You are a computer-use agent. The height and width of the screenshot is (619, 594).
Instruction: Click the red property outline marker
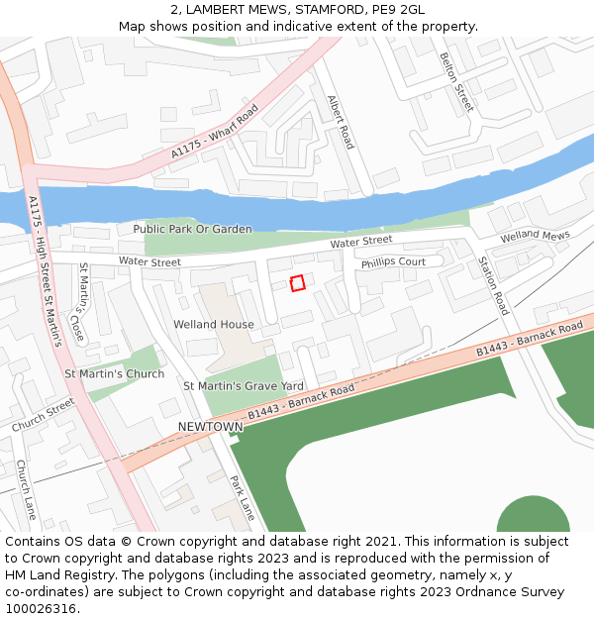(297, 283)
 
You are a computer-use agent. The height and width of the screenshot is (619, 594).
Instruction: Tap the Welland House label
(214, 325)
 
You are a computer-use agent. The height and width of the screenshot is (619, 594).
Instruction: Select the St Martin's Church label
(114, 374)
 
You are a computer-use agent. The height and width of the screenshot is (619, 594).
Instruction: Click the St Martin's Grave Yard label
(243, 385)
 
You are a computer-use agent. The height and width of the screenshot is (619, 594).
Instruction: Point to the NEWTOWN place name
(210, 427)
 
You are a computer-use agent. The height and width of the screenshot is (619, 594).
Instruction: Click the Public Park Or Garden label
(192, 229)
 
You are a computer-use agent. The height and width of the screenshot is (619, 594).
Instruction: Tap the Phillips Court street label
(393, 262)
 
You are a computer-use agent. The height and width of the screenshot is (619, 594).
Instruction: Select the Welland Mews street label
(536, 237)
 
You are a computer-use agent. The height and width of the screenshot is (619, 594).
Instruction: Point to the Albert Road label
(340, 123)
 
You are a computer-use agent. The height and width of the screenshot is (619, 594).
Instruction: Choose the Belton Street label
(456, 82)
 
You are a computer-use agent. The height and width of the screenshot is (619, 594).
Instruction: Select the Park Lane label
(243, 498)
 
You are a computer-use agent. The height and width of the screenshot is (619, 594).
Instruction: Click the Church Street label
(43, 415)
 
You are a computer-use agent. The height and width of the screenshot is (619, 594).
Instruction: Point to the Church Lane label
(26, 489)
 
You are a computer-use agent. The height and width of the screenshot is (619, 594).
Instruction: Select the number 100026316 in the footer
(41, 608)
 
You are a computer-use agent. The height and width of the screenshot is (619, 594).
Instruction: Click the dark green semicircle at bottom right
(533, 517)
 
